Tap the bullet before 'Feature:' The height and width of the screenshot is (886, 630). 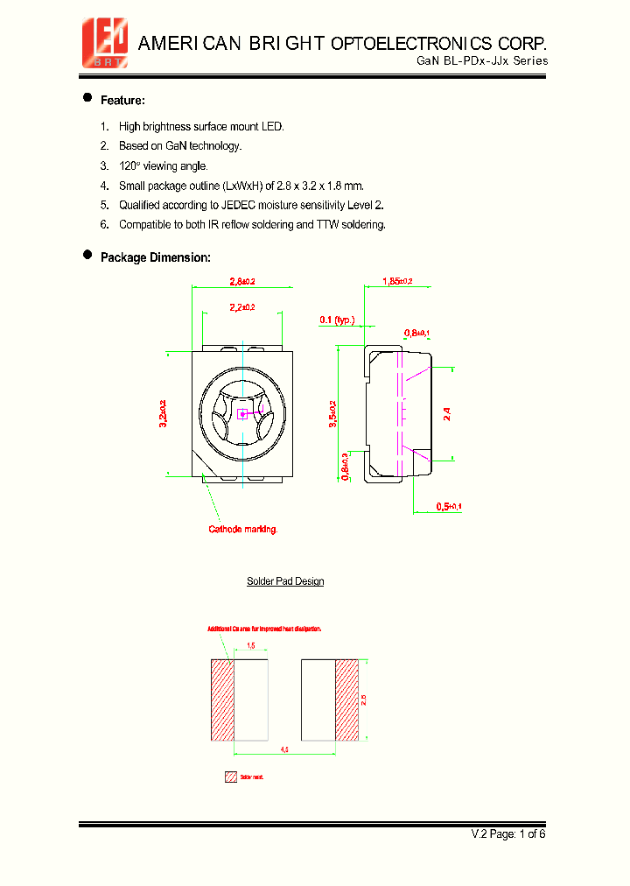pyautogui.click(x=87, y=98)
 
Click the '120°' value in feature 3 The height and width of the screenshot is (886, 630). pyautogui.click(x=129, y=166)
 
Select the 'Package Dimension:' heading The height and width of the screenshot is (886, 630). pyautogui.click(x=155, y=257)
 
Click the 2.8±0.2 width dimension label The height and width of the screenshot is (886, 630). pyautogui.click(x=241, y=282)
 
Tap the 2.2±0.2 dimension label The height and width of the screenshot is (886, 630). pyautogui.click(x=242, y=307)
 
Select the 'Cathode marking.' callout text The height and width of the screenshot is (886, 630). pyautogui.click(x=242, y=529)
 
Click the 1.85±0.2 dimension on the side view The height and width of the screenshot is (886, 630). pyautogui.click(x=397, y=281)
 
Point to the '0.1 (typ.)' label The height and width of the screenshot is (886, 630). pyautogui.click(x=337, y=320)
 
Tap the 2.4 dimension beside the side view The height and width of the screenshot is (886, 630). pyautogui.click(x=448, y=413)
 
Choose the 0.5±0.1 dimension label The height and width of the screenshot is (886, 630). pyautogui.click(x=449, y=507)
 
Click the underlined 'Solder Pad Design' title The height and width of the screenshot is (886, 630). pyautogui.click(x=285, y=581)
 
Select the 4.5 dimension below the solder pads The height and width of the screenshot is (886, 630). pyautogui.click(x=285, y=749)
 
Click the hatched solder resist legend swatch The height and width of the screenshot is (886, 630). pyautogui.click(x=231, y=777)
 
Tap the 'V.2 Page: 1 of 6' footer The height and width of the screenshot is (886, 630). pyautogui.click(x=508, y=833)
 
